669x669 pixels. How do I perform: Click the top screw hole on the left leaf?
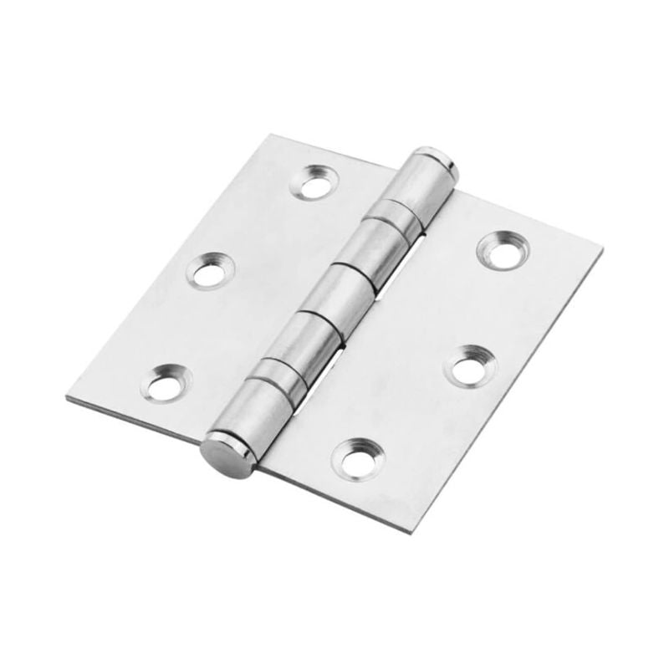click(314, 182)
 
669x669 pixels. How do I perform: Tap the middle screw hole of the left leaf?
click(209, 271)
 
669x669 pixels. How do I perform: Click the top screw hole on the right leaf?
click(503, 249)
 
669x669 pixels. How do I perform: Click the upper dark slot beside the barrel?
click(409, 256)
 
